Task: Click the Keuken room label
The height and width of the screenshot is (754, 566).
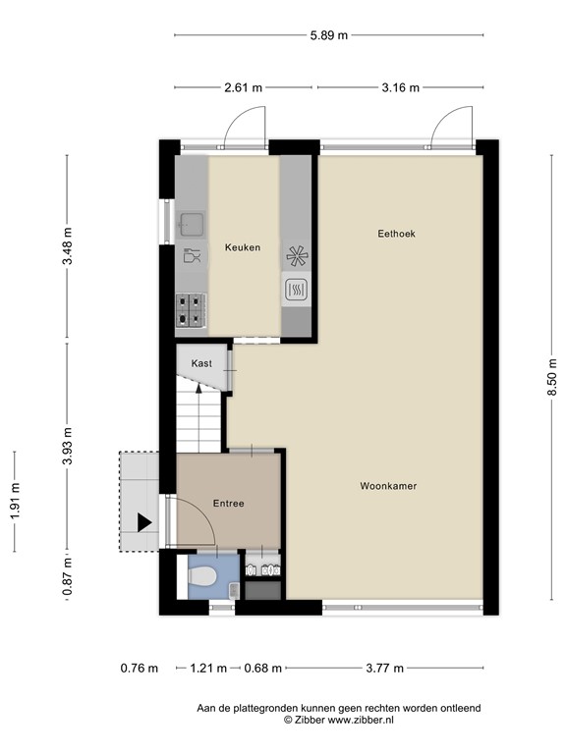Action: [242, 247]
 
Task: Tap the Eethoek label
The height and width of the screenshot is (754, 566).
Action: [397, 234]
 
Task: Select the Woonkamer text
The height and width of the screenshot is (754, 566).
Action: [389, 485]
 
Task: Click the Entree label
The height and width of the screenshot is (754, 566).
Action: [228, 504]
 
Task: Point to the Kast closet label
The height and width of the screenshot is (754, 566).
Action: [201, 363]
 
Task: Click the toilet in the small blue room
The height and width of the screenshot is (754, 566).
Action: [204, 577]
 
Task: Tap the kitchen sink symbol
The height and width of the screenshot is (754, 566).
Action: [192, 224]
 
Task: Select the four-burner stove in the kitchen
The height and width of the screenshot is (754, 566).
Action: [193, 310]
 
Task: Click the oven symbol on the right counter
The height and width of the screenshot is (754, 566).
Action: [297, 290]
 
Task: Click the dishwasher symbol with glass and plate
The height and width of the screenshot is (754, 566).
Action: [193, 257]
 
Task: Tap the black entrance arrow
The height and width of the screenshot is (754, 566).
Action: [144, 521]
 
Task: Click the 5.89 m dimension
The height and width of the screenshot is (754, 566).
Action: [328, 36]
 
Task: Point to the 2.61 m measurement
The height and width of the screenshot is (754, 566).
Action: [244, 88]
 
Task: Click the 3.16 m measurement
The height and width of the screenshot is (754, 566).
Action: [400, 88]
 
